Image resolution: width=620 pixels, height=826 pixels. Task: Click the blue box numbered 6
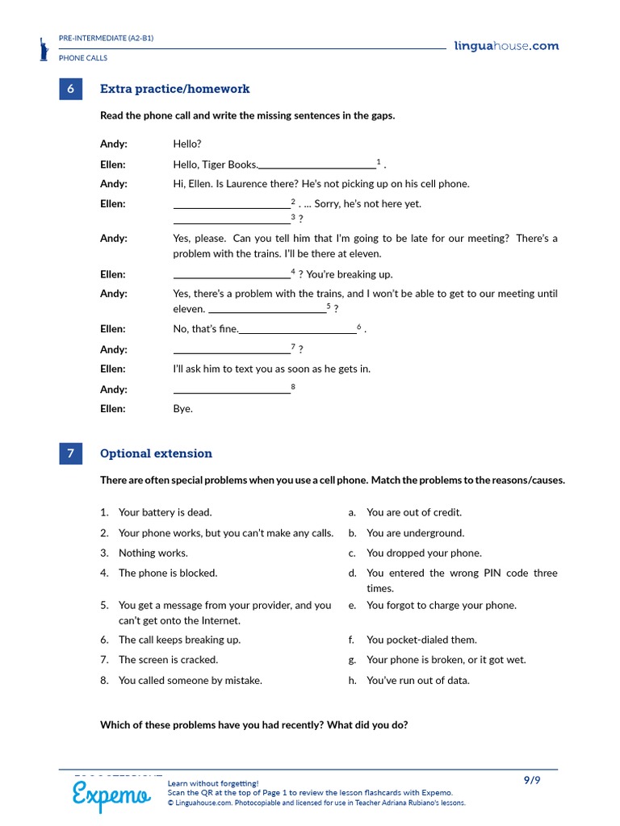tap(70, 90)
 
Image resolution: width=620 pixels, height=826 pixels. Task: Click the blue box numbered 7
tap(70, 454)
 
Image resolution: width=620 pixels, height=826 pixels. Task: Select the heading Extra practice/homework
tap(174, 90)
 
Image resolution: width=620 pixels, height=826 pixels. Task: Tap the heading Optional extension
tap(156, 454)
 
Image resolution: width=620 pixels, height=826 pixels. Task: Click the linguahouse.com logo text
tap(505, 46)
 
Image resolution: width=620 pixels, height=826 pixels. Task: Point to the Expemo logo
tap(111, 795)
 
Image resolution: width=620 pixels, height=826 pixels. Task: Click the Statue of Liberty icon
tap(44, 49)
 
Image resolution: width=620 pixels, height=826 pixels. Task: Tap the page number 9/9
tap(531, 780)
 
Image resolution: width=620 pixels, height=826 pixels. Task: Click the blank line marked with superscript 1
tap(316, 167)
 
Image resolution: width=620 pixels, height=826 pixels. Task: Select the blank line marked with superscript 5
tap(267, 311)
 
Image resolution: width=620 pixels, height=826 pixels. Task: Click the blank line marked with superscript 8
tap(232, 392)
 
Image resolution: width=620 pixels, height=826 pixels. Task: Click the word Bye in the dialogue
tap(182, 409)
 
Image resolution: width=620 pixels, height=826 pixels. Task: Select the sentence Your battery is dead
tap(165, 512)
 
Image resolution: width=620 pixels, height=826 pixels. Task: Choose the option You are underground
tap(415, 533)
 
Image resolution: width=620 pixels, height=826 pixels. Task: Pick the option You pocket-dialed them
tap(421, 640)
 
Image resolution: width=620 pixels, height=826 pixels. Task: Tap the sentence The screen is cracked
tap(168, 660)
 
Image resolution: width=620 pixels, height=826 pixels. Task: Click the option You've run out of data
tap(417, 681)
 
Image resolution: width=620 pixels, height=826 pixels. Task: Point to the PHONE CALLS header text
tap(83, 58)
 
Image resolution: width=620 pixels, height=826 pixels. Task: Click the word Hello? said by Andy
tap(186, 144)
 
